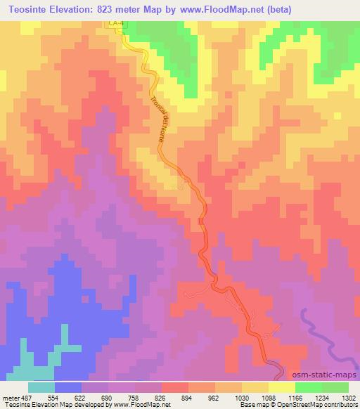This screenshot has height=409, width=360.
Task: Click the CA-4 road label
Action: [117, 25]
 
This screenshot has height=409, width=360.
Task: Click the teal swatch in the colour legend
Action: [41, 387]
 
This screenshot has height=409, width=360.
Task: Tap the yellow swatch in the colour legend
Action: [281, 387]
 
